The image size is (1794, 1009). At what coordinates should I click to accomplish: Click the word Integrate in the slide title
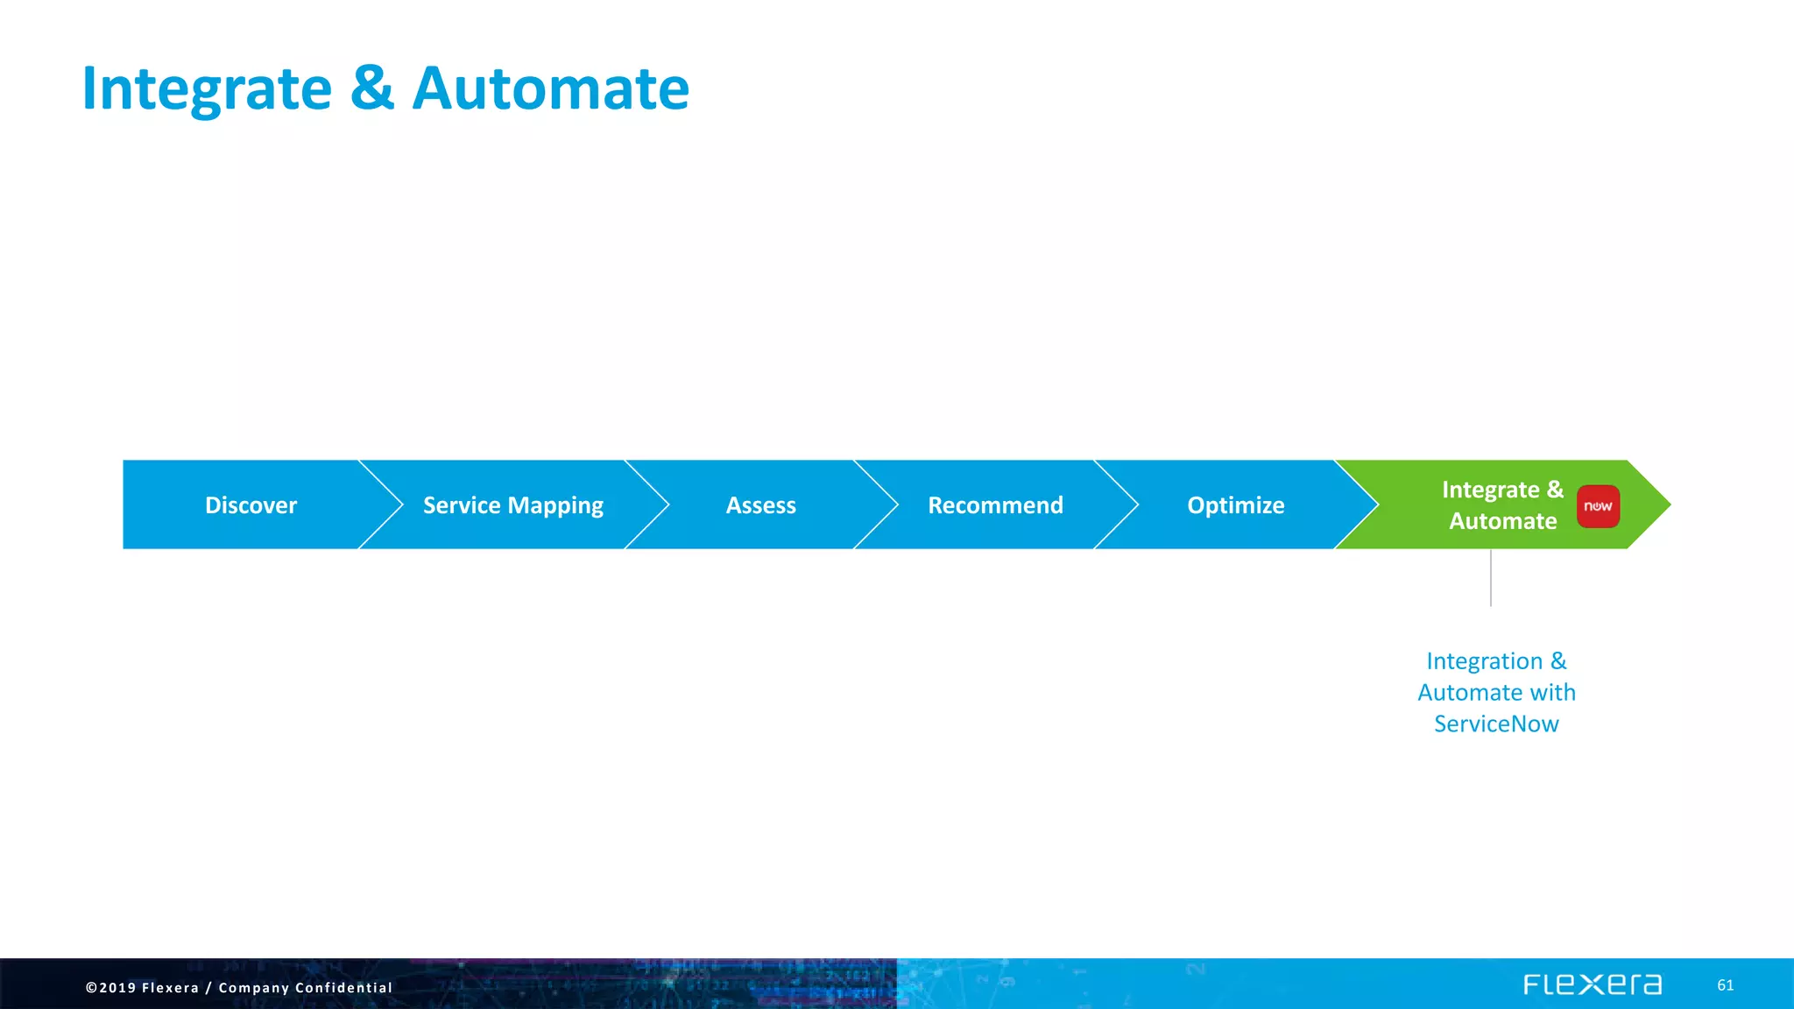[207, 89]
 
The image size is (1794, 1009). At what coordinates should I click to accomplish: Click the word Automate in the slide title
[550, 89]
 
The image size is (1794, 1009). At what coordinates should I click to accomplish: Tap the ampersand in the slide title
[372, 89]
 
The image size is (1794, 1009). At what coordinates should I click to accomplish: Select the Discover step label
[251, 505]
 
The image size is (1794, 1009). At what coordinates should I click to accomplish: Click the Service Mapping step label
[512, 505]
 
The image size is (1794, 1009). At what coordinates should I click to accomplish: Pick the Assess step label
[760, 505]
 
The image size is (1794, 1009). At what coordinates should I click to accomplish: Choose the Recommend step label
[995, 505]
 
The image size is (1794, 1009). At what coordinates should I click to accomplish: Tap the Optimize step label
[1235, 505]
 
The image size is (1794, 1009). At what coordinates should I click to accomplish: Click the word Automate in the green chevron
[1502, 521]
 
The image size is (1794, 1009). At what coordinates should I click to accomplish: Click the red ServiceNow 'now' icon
[1598, 506]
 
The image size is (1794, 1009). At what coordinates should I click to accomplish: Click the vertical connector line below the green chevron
[1490, 578]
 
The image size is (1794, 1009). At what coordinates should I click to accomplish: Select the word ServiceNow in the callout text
[1496, 724]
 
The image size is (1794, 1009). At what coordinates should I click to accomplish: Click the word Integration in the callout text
[1484, 661]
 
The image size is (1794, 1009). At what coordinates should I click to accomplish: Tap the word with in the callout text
[1552, 693]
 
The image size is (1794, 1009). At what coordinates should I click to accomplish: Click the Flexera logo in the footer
[1592, 984]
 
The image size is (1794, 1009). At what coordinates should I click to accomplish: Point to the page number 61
[1725, 985]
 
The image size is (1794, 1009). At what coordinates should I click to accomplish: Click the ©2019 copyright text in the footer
[110, 987]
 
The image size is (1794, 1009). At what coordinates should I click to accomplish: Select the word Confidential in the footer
[343, 987]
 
